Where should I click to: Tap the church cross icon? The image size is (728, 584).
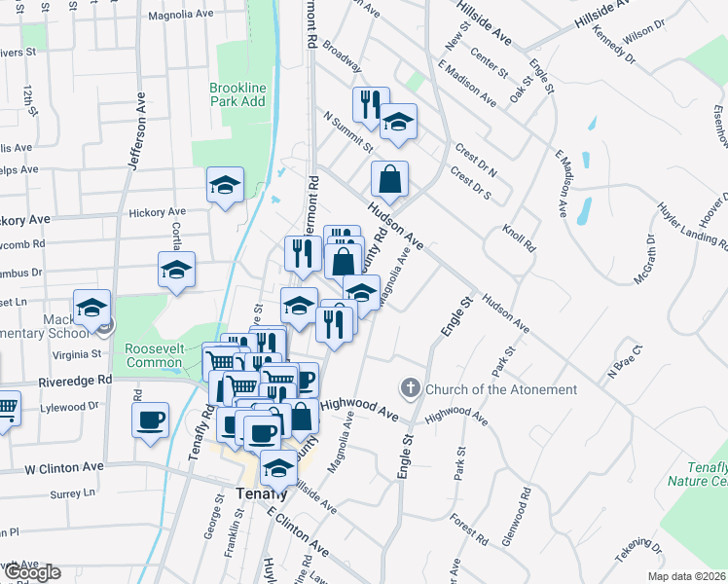(x=411, y=389)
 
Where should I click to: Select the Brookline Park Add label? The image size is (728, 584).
(x=237, y=94)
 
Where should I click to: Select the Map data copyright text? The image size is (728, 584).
(x=685, y=576)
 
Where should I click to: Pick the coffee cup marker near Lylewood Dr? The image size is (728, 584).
(x=150, y=420)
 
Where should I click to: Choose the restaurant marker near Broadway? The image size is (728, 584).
(x=370, y=104)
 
